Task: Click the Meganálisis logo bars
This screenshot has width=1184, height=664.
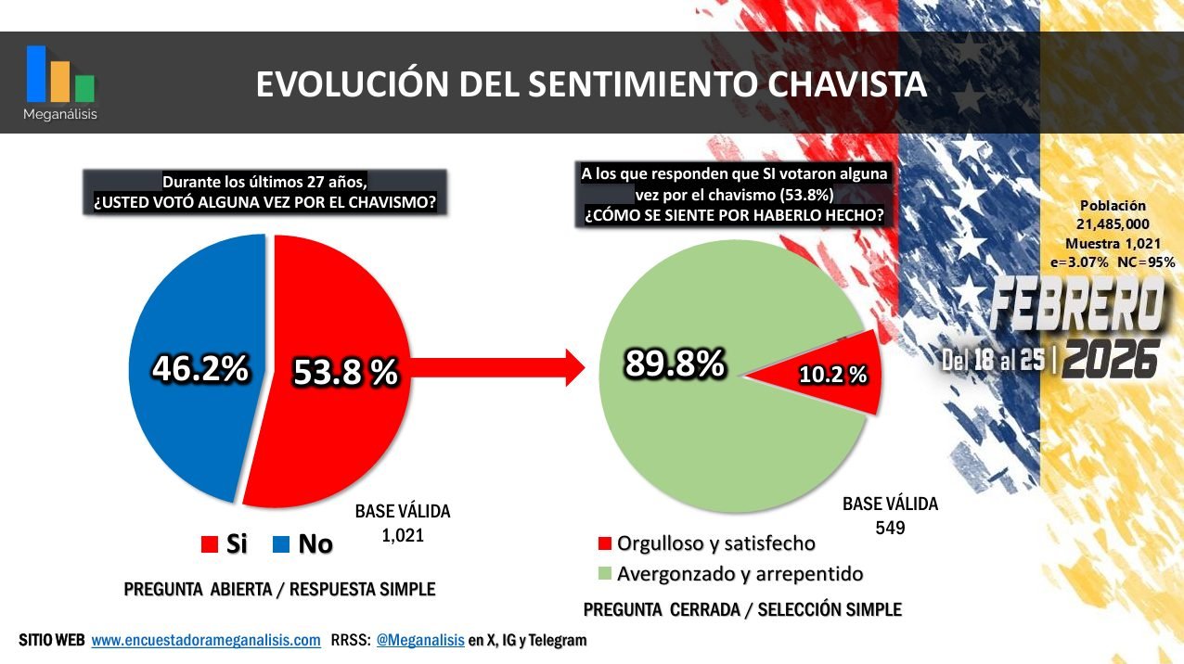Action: (x=60, y=74)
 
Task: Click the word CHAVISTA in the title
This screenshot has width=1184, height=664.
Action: (x=847, y=84)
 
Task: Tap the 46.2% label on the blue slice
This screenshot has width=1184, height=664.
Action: (x=200, y=369)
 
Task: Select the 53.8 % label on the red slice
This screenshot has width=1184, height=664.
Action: (x=345, y=373)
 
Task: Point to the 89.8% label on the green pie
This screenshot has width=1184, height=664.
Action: (x=674, y=364)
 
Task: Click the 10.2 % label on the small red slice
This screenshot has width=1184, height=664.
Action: (x=832, y=375)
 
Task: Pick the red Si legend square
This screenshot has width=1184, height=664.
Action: (x=209, y=544)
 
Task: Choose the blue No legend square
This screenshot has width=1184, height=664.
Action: (x=280, y=544)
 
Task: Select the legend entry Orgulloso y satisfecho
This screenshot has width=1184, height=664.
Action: (x=715, y=543)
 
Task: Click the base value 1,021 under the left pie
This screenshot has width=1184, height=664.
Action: (x=402, y=535)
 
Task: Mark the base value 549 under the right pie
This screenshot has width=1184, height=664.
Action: (x=890, y=528)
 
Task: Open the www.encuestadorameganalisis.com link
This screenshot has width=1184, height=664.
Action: (x=206, y=640)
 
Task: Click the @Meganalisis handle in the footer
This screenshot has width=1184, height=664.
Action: (x=419, y=640)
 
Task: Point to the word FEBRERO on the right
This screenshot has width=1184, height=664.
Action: (x=1076, y=305)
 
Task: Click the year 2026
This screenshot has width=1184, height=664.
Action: (x=1111, y=359)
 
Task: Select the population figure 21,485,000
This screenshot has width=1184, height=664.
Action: (x=1113, y=224)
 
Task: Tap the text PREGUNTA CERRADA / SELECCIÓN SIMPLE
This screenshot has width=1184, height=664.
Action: (x=742, y=610)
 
